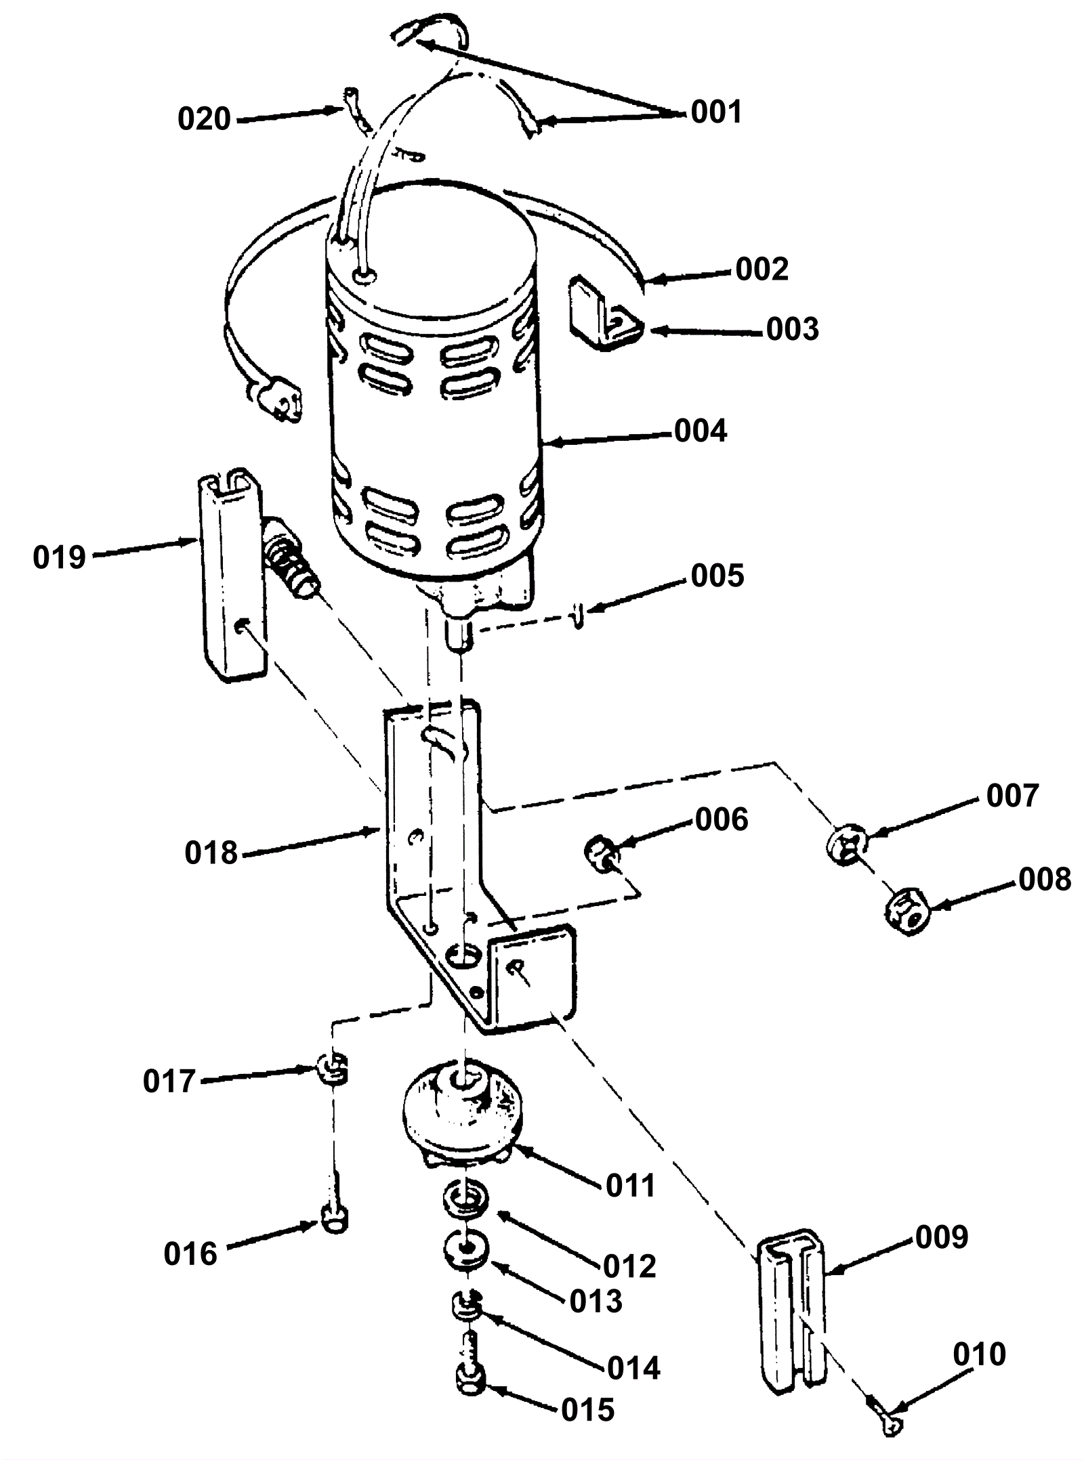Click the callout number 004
coord(701,431)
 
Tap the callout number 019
coord(59,557)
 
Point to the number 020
coord(204,119)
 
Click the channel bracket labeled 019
coord(232,574)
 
